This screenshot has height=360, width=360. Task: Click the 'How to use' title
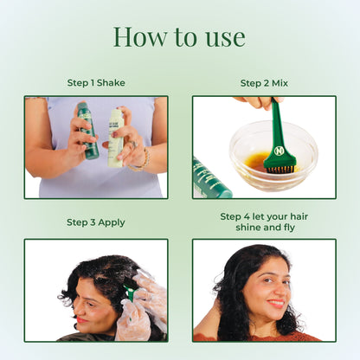[179, 37]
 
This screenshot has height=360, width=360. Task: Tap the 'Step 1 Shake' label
[96, 83]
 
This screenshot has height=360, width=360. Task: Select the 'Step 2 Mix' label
[264, 83]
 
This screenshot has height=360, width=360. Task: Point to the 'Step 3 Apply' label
[96, 222]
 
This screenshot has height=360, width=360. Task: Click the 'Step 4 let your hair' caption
[264, 216]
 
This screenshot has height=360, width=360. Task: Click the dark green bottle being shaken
[87, 132]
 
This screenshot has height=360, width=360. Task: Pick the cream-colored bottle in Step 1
[116, 138]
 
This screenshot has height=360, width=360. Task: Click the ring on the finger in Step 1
[132, 145]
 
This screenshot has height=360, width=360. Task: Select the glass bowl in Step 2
[273, 156]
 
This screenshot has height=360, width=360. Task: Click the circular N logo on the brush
[279, 151]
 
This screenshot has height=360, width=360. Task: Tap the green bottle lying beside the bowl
[210, 179]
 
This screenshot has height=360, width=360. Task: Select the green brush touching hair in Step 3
[129, 292]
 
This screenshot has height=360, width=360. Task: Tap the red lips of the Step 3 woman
[81, 319]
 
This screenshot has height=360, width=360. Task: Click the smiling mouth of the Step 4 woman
[276, 303]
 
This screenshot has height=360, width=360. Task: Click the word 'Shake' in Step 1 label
[111, 83]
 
